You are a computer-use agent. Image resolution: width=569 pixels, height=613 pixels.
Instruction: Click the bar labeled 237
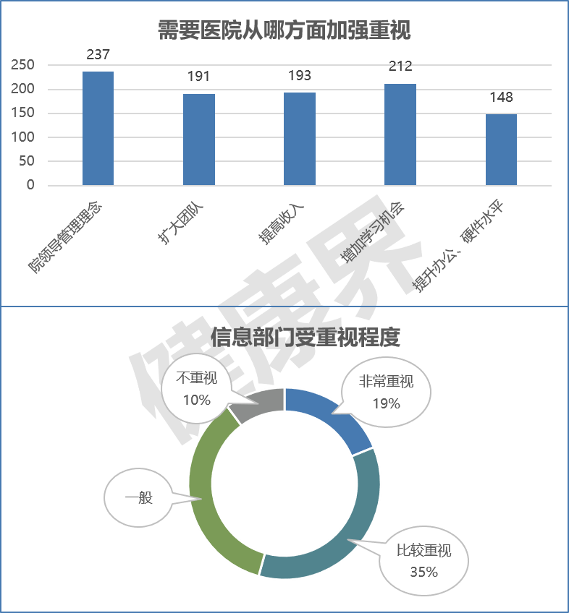pos(98,128)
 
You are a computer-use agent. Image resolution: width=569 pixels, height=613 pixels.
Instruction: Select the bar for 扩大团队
pos(198,140)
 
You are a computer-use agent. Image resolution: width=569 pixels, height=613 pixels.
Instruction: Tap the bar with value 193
pos(299,139)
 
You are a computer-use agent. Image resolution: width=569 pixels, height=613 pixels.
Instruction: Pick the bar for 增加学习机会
pos(400,134)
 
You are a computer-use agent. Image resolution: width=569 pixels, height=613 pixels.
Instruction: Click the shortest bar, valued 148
pos(501,150)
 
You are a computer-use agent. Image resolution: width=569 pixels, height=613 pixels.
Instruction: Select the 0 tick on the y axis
pos(30,185)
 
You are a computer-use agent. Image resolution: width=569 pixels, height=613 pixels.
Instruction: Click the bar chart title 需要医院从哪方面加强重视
pos(284,30)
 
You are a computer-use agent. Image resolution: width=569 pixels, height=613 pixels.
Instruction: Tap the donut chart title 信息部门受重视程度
pos(305,337)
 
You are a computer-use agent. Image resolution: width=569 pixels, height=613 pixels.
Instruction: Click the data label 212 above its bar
pos(400,67)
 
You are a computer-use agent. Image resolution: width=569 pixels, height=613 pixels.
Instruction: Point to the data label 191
pos(198,77)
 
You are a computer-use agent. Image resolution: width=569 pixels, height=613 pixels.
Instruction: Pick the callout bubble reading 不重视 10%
pos(196,390)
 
